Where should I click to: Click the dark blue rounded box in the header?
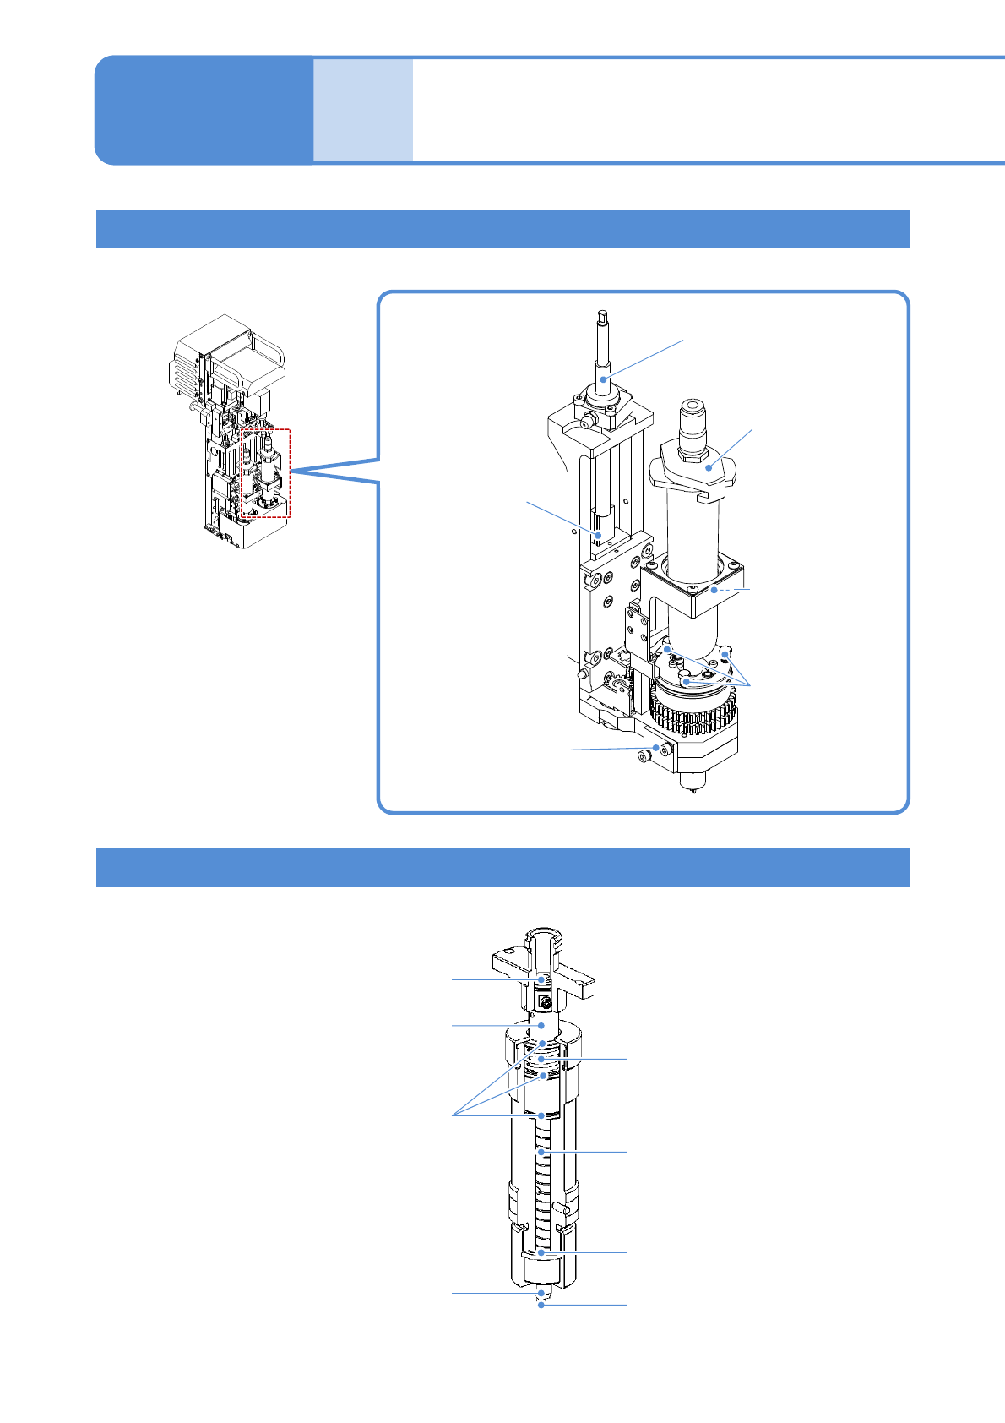click(203, 110)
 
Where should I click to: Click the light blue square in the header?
click(363, 110)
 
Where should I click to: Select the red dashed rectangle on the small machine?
click(265, 473)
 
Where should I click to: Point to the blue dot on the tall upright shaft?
click(604, 379)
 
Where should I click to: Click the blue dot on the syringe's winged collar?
click(710, 467)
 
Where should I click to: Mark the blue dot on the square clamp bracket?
click(714, 590)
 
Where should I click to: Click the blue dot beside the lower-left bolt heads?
click(655, 748)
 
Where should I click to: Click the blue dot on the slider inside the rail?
click(599, 535)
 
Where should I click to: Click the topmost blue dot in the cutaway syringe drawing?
click(542, 979)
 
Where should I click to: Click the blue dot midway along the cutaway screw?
click(541, 1152)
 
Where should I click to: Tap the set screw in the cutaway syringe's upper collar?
click(546, 1003)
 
